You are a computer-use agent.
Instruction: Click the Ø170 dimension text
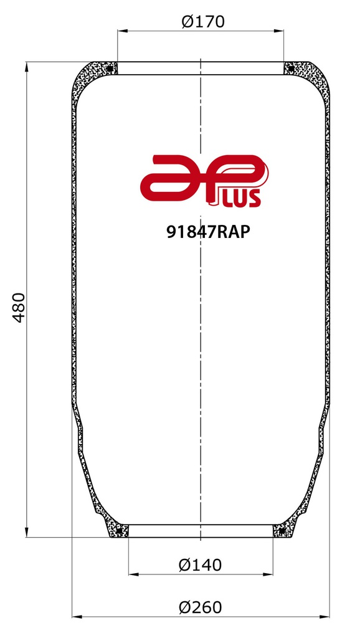click(202, 22)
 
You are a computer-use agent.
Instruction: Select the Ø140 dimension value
click(200, 565)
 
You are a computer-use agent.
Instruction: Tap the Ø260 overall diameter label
click(200, 607)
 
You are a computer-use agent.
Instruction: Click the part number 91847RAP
click(208, 232)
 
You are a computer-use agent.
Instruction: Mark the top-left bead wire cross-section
click(110, 68)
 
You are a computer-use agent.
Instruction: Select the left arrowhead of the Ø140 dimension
click(132, 574)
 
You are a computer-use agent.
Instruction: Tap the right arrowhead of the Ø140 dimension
click(268, 574)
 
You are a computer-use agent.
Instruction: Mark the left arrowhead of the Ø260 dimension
click(76, 616)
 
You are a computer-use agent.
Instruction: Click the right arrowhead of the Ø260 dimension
click(324, 616)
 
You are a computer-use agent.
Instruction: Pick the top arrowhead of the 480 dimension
click(27, 66)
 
